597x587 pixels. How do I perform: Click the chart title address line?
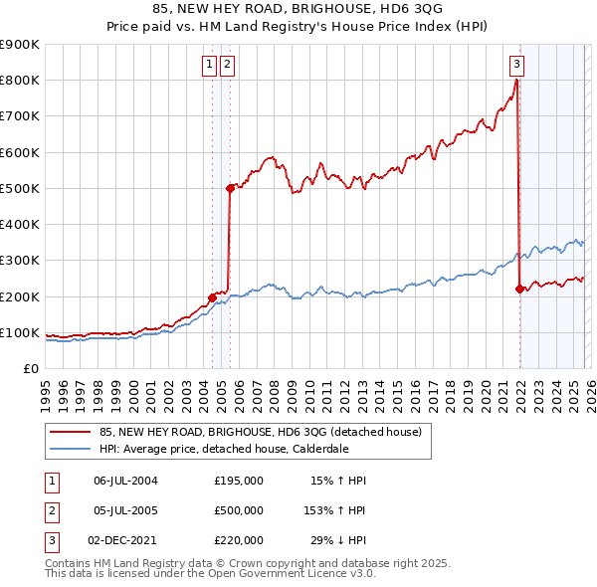[x=298, y=9]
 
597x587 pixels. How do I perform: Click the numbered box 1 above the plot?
[x=210, y=65]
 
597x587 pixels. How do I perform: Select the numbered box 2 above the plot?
[x=228, y=65]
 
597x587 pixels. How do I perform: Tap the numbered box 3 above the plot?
[x=516, y=65]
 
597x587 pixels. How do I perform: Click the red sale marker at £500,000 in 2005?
[x=230, y=187]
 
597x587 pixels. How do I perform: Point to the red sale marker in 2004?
[x=212, y=296]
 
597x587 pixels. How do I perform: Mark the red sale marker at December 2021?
[x=519, y=289]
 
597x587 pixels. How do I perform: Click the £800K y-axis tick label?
[x=20, y=81]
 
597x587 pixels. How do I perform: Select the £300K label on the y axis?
[x=20, y=261]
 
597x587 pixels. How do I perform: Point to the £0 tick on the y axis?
[x=30, y=369]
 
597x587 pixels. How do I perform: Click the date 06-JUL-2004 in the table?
[x=125, y=481]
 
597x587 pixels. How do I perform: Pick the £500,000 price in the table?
[x=239, y=510]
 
